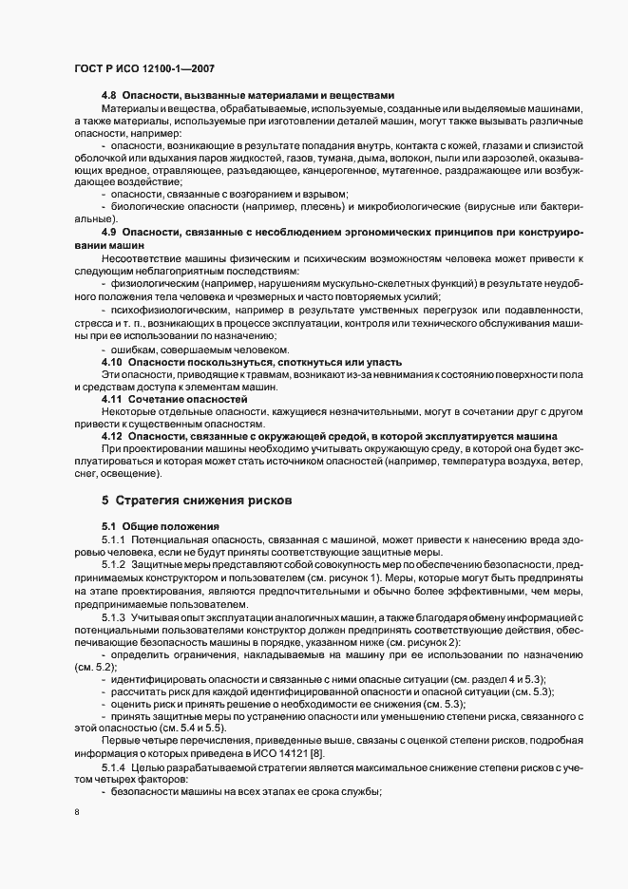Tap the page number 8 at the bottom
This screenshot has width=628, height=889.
pos(76,811)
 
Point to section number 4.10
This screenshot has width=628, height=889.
pos(112,363)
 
